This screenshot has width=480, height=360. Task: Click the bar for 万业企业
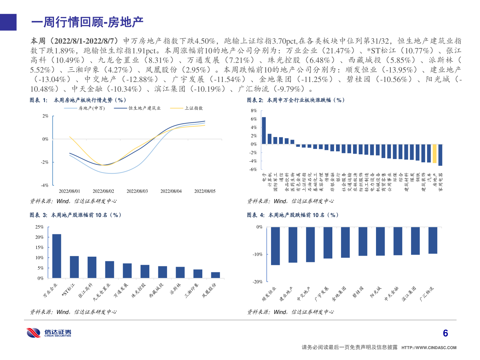[57, 256]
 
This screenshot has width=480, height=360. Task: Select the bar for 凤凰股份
[215, 275]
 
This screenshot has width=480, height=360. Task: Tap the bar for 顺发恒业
[275, 246]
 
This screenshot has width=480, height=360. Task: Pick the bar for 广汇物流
[433, 240]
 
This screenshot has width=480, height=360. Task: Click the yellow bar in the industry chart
[435, 153]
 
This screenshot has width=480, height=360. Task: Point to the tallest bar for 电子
[264, 131]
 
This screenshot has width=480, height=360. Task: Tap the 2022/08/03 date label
[137, 191]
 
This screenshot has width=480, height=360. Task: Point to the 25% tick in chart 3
[39, 227]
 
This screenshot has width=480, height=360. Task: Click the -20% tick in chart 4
[257, 282]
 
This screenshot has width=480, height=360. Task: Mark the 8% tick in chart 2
[254, 111]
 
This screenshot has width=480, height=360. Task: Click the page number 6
[445, 333]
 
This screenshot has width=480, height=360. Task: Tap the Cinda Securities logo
[49, 333]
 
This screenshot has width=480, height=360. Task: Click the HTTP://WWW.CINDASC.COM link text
[429, 348]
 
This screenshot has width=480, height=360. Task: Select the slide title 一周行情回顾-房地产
[87, 22]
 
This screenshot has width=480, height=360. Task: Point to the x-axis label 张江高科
[86, 290]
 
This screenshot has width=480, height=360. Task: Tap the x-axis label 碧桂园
[358, 292]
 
